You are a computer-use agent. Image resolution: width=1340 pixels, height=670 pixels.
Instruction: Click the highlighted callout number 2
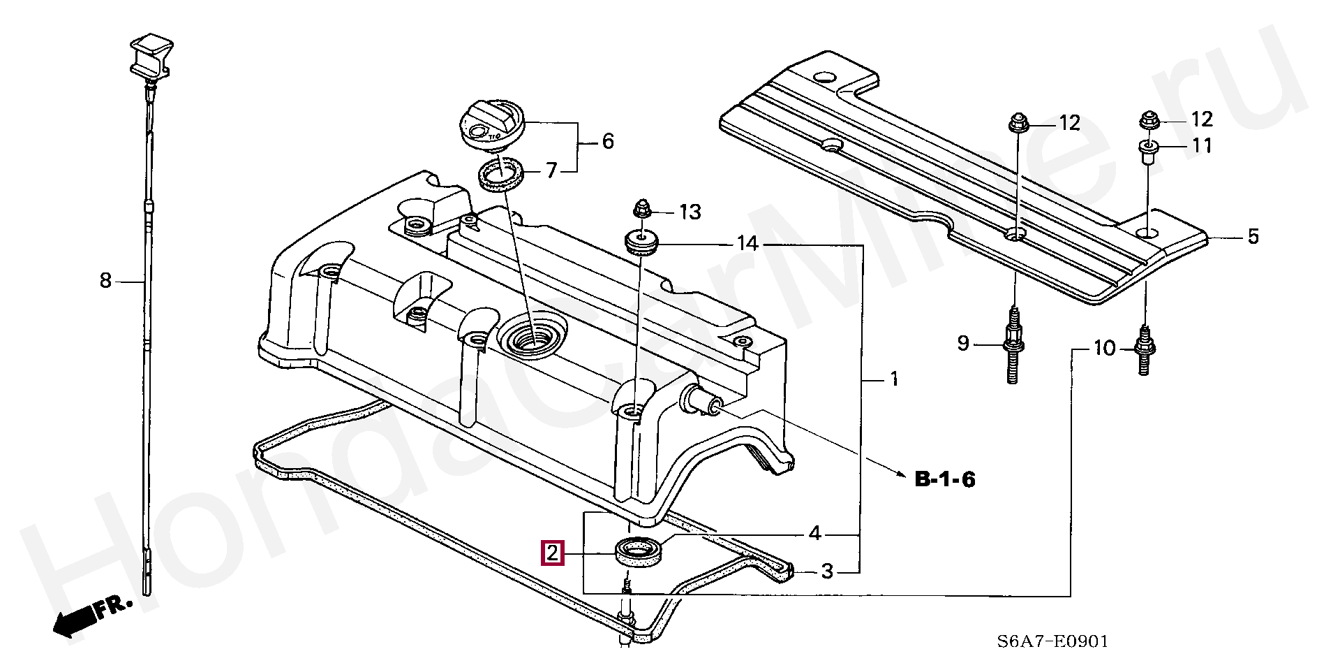[x=552, y=554]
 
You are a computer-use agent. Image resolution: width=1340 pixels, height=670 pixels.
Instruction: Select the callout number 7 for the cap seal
[x=551, y=170]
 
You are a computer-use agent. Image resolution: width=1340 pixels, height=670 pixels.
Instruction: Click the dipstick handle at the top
[x=151, y=54]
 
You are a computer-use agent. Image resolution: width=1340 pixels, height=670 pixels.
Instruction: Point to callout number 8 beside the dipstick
[x=105, y=281]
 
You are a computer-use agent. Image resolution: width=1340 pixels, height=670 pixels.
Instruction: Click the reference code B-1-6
[x=944, y=479]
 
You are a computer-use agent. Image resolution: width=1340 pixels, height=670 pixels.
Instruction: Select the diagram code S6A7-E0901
[x=1052, y=641]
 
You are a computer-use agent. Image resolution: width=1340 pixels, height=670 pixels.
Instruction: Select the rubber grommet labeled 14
[x=641, y=242]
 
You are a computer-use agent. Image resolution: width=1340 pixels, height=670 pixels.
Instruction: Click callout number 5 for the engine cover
[x=1253, y=237]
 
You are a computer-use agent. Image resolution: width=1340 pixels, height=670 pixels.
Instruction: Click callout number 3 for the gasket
[x=827, y=571]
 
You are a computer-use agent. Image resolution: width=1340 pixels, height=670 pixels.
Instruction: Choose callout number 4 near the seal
[x=814, y=534]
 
